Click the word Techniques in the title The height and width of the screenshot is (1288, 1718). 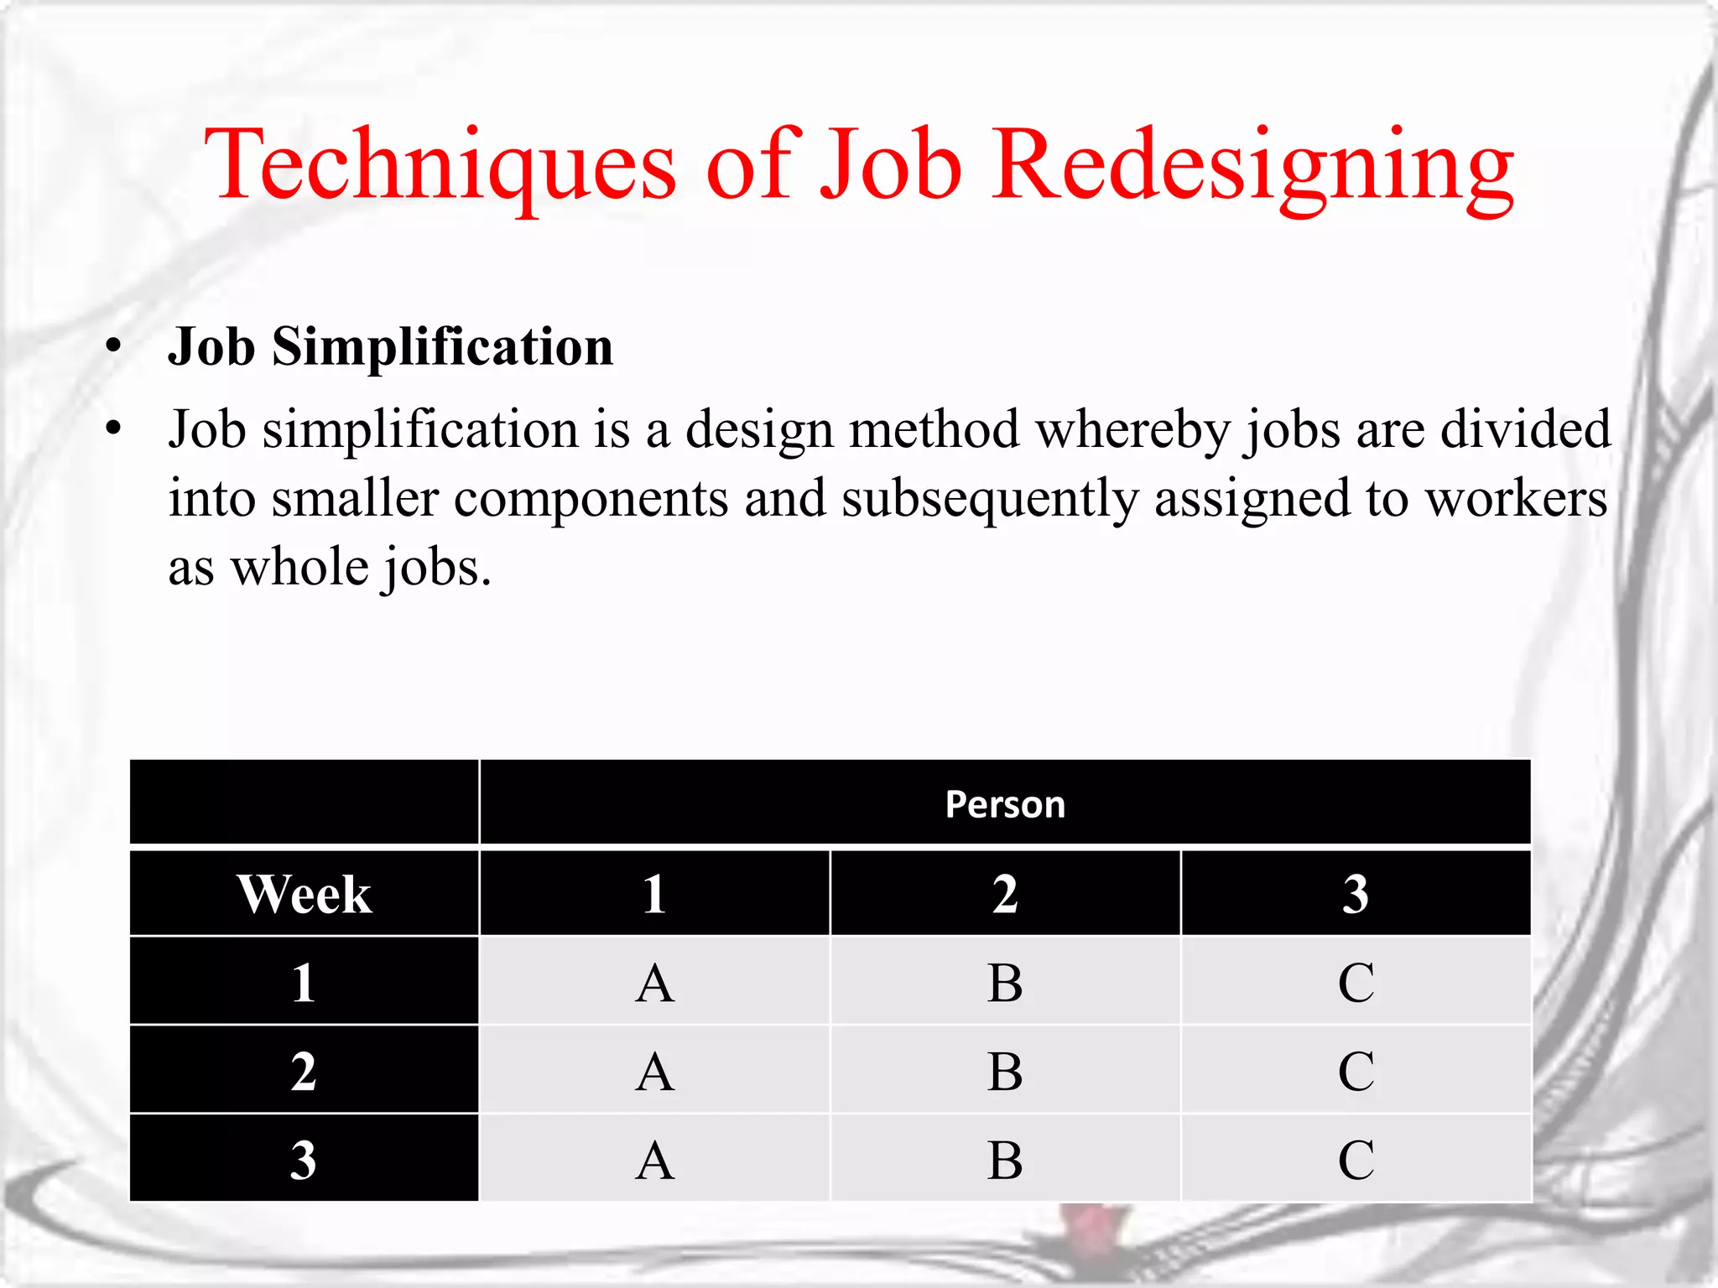point(440,164)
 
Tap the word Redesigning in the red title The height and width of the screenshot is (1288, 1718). point(1253,164)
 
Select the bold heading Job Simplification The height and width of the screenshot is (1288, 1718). point(391,347)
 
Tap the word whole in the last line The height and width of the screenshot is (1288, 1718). point(299,568)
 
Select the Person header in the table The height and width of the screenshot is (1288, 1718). point(1005,804)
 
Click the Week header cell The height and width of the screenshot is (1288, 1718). point(305,894)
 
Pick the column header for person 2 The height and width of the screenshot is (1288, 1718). point(1005,894)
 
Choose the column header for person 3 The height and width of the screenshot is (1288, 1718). point(1356,894)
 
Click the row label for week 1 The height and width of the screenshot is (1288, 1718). point(305,983)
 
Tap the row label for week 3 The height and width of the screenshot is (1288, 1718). point(305,1161)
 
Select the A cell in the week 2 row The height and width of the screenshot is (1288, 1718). point(655,1072)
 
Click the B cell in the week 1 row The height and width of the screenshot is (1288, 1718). point(1005,983)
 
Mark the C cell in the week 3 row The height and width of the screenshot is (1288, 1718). point(1356,1161)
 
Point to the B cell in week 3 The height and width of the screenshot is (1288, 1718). point(1005,1161)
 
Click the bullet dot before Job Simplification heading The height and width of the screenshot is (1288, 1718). point(114,347)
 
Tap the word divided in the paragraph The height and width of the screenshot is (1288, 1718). point(1525,430)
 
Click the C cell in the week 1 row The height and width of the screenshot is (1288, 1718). point(1356,983)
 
